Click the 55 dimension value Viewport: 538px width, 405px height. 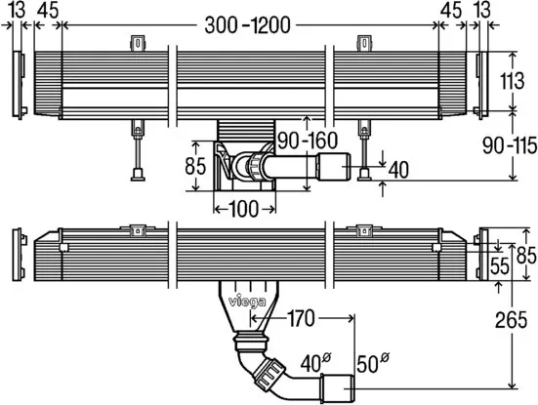pos(499,264)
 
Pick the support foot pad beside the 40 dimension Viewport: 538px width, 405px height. pos(363,175)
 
